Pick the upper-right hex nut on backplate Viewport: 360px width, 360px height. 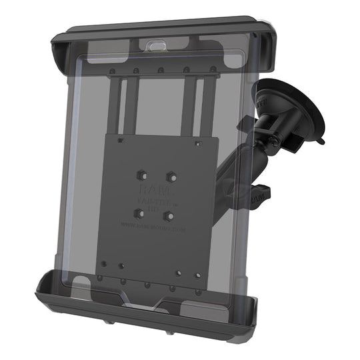(172, 176)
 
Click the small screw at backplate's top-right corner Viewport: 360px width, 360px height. (197, 141)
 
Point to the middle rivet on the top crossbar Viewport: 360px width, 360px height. (161, 69)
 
